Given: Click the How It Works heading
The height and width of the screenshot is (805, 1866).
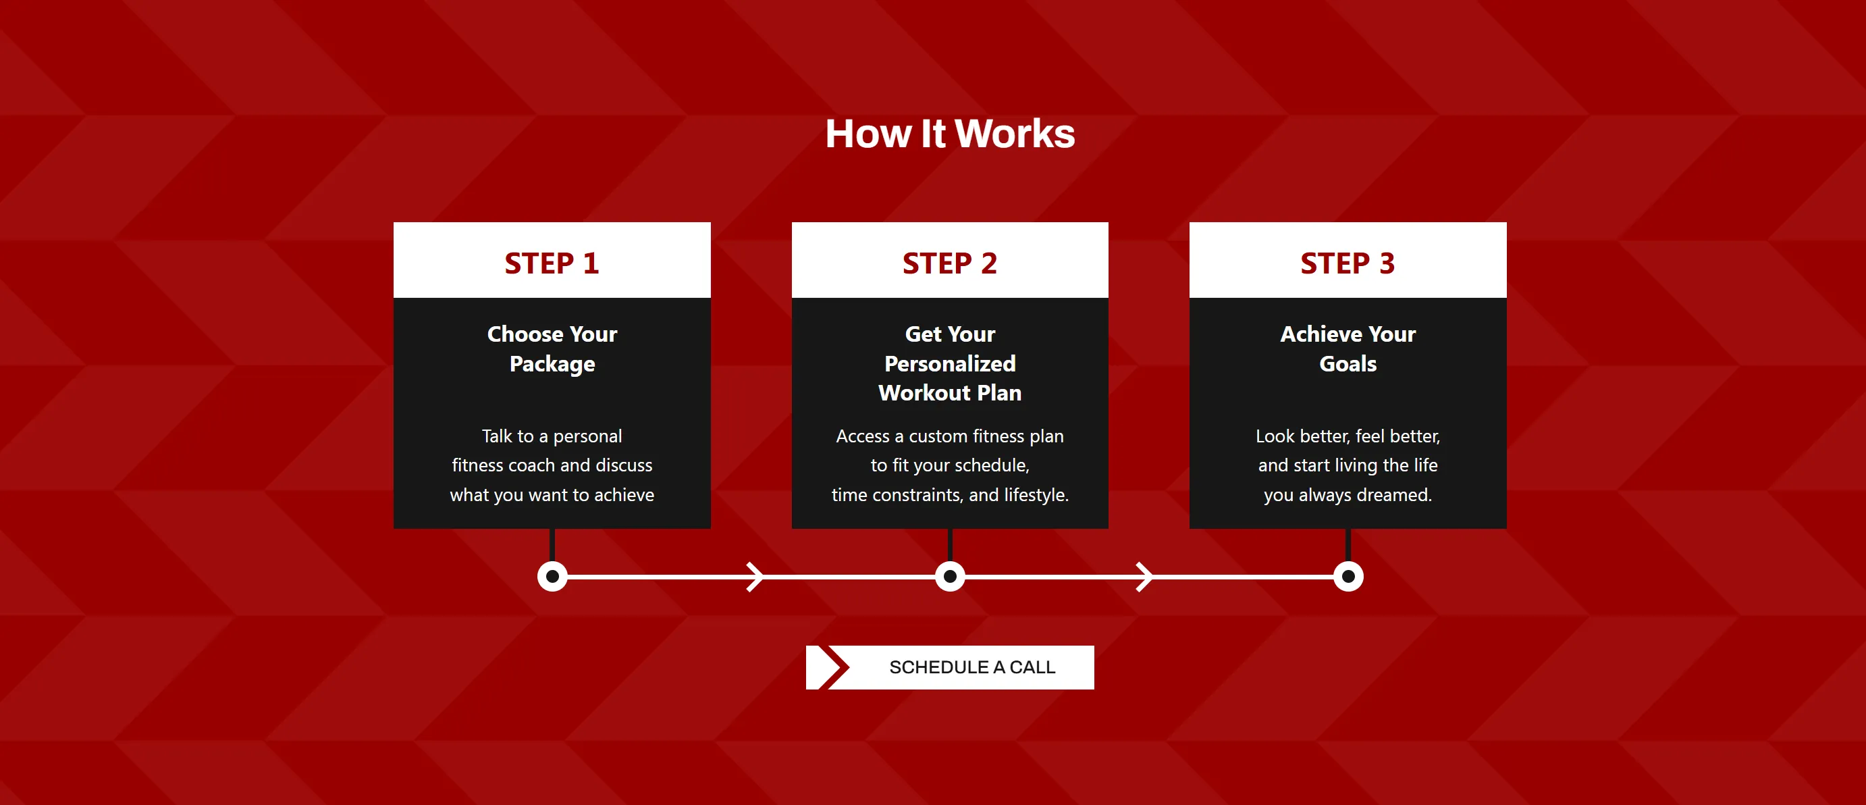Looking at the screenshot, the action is pyautogui.click(x=950, y=134).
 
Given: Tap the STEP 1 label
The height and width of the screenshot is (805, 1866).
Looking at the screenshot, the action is pyautogui.click(x=552, y=263).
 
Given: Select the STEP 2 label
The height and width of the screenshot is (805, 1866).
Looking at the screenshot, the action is pyautogui.click(x=949, y=263).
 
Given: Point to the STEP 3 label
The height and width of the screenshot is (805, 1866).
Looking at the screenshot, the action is pyautogui.click(x=1348, y=263).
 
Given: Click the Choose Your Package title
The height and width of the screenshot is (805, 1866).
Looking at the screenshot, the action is pyautogui.click(x=552, y=348).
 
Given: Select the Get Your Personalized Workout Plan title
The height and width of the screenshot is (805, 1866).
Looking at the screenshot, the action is pyautogui.click(x=949, y=363).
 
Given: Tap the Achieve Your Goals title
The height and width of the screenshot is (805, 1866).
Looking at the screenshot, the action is pyautogui.click(x=1348, y=348).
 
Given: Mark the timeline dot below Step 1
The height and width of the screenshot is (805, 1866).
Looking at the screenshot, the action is pyautogui.click(x=552, y=577).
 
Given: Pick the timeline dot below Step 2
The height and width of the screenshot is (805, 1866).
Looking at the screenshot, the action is pyautogui.click(x=950, y=577).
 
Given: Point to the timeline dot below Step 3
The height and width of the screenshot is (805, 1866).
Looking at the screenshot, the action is pyautogui.click(x=1348, y=577).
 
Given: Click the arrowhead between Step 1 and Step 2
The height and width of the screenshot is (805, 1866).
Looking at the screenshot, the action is pyautogui.click(x=755, y=577).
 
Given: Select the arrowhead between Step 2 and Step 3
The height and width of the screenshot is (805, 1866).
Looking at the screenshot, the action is pyautogui.click(x=1144, y=577).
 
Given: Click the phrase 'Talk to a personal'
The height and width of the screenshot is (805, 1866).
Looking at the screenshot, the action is pyautogui.click(x=552, y=436).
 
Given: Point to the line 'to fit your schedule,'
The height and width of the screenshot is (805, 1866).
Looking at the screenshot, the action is pyautogui.click(x=949, y=465).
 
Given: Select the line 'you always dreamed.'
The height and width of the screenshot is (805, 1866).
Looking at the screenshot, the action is pyautogui.click(x=1348, y=495).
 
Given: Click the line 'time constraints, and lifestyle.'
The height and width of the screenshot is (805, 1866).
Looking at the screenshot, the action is pyautogui.click(x=949, y=495).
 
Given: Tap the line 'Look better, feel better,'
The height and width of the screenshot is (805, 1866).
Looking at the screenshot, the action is pyautogui.click(x=1348, y=436).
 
